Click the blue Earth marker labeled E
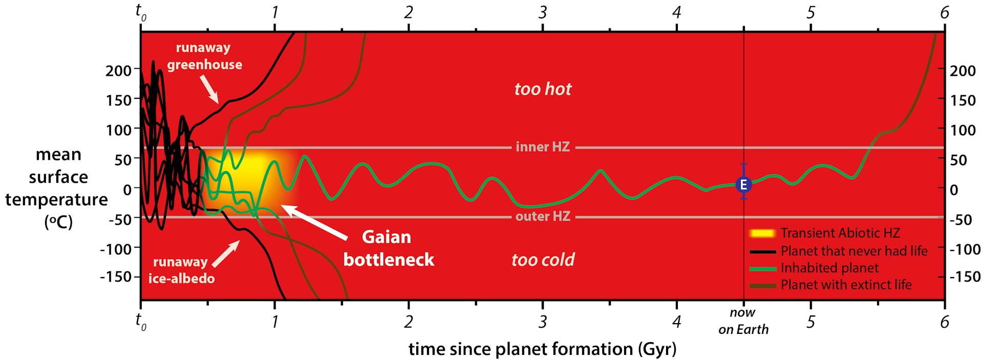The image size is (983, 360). pos(743,185)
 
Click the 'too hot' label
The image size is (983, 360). pos(543,89)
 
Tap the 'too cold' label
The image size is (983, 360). pos(543,260)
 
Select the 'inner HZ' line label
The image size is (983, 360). pos(543,147)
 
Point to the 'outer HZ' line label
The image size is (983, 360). pos(543,217)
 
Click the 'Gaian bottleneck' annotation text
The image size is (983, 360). pos(388,248)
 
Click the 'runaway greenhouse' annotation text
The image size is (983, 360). pos(204,56)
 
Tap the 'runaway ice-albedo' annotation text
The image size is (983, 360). pos(181,270)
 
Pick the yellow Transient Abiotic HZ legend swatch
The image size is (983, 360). pos(762,234)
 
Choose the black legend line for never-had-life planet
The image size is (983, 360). pos(762,251)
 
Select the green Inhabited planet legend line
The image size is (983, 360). pos(762,268)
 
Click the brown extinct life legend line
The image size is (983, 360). pos(762,285)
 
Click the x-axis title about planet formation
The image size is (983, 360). pos(542,349)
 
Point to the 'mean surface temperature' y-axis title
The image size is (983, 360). pos(57,188)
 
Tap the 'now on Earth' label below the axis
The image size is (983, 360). pos(743,321)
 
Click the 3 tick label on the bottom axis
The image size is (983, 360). pos(543,322)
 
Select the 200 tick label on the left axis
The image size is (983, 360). pos(118,71)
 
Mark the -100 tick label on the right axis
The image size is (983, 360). pos(965,249)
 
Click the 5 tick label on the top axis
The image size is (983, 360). pos(810,12)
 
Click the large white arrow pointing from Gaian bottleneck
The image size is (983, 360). pos(314,222)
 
